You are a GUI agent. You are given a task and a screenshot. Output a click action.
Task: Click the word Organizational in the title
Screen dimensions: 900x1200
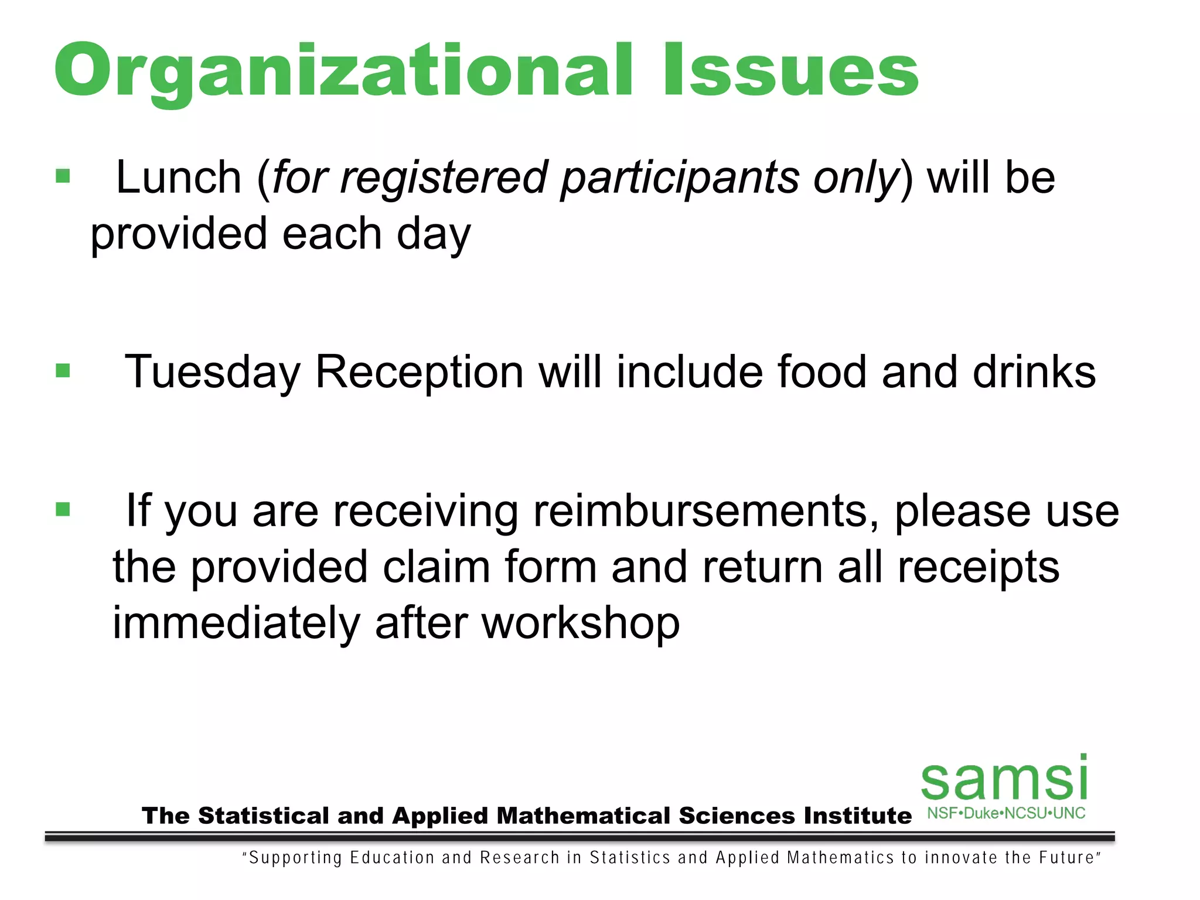(343, 71)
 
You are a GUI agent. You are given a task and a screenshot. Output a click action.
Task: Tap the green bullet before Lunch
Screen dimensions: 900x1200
(63, 176)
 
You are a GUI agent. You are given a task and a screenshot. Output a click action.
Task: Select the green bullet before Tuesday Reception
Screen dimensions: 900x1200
(63, 371)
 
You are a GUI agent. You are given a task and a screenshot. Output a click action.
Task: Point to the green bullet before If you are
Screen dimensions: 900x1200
(63, 509)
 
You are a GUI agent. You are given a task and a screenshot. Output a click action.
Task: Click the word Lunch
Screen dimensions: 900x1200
(179, 178)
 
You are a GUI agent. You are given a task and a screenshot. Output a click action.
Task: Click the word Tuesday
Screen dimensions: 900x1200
(212, 373)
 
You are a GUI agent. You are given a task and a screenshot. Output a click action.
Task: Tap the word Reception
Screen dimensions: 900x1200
(419, 373)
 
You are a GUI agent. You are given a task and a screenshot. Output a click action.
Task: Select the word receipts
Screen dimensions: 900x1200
(978, 567)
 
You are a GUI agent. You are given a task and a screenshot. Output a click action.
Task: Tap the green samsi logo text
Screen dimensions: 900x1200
(1004, 779)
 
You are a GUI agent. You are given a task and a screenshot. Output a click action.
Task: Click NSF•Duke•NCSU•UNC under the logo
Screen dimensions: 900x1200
(1005, 813)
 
